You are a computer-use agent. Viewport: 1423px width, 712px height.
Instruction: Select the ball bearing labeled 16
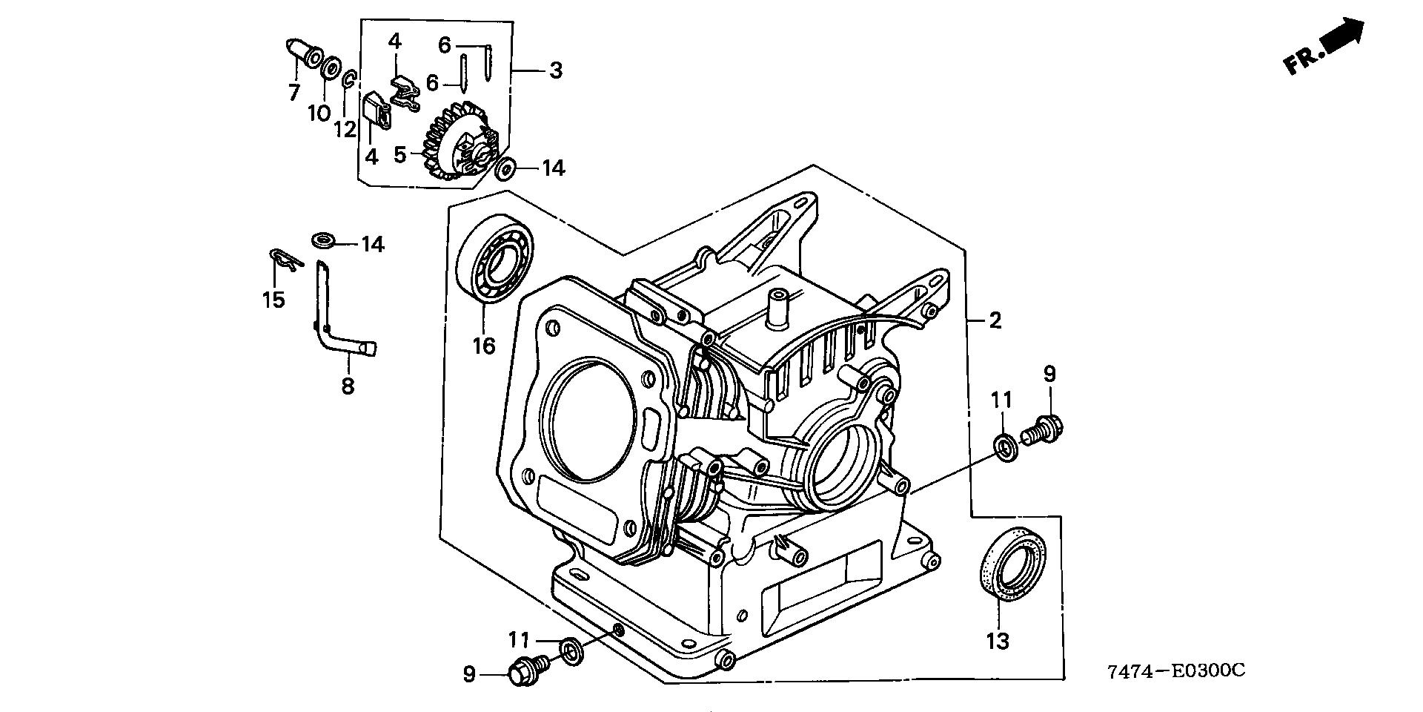[x=495, y=257]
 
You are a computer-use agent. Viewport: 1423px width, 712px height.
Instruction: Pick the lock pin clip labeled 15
[x=283, y=259]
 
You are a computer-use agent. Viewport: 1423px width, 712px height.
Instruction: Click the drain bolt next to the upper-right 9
[x=1044, y=429]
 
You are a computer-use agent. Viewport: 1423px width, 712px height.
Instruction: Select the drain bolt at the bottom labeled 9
[x=528, y=667]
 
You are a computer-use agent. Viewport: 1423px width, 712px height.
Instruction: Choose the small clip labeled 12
[x=351, y=80]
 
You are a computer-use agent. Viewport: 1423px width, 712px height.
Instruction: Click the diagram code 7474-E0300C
[x=1175, y=671]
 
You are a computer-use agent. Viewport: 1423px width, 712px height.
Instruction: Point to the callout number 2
[x=995, y=320]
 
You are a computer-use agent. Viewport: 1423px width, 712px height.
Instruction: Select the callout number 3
[x=556, y=71]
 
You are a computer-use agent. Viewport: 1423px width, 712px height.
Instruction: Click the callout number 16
[x=484, y=346]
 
